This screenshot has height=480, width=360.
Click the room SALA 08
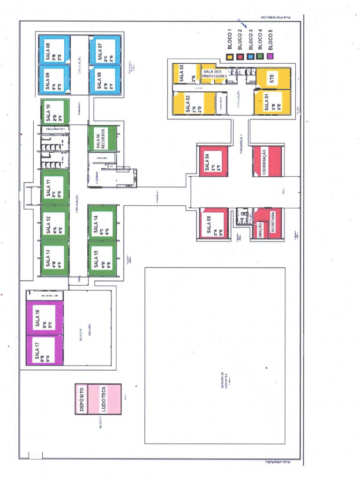54,50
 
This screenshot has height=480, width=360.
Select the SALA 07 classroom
105,50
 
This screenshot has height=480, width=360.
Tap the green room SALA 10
55,112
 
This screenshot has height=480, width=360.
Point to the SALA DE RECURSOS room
102,138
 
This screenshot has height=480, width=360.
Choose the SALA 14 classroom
102,223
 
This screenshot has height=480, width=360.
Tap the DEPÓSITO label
82,399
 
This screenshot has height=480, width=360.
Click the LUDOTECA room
104,399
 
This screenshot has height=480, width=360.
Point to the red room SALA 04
213,162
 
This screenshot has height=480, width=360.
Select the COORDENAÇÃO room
266,162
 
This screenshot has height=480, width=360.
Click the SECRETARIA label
273,223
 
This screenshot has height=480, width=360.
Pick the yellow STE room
273,79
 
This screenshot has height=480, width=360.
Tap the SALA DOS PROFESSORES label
214,74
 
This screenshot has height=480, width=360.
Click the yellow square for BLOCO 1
230,57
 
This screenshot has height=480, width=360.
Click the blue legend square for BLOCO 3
251,57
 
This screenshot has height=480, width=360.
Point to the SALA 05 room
213,223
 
